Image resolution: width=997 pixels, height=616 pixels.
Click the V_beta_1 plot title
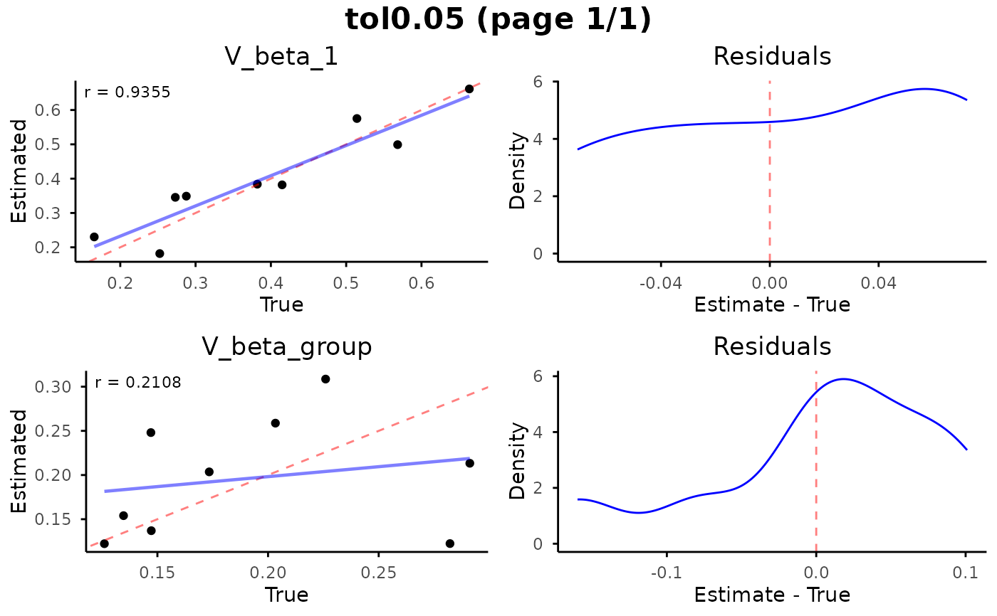(x=281, y=57)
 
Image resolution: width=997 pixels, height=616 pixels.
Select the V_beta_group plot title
(x=287, y=346)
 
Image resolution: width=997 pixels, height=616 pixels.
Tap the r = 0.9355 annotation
(x=127, y=92)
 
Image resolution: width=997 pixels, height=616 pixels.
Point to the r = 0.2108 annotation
(x=138, y=383)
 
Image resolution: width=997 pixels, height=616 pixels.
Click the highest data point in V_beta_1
(x=469, y=89)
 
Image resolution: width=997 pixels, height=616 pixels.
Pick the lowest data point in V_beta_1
(x=160, y=253)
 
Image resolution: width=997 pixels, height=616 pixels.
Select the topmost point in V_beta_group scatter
(x=325, y=379)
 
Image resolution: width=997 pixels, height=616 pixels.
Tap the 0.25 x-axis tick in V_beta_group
(x=378, y=573)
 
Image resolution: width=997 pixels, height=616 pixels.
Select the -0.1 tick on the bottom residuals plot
(x=667, y=573)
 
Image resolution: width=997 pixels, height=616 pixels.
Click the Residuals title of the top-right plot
(x=772, y=57)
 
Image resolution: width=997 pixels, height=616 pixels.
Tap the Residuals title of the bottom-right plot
(x=772, y=346)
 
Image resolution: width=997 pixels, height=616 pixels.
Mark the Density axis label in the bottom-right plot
(x=518, y=461)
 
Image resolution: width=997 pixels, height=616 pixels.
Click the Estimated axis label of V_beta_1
(x=19, y=171)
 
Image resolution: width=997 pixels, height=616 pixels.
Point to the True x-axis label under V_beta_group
(x=286, y=595)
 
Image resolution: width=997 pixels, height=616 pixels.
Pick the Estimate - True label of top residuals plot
(x=772, y=305)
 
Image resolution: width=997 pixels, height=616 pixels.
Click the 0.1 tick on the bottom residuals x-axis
(x=965, y=573)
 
